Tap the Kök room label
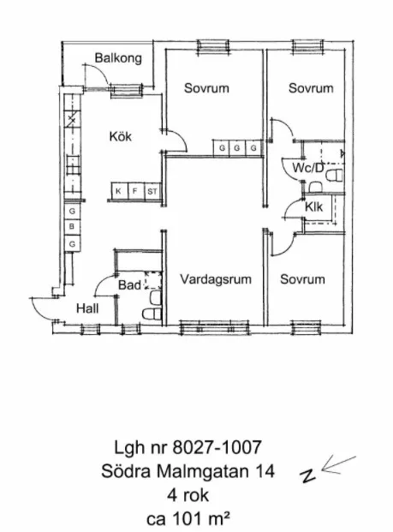pyautogui.click(x=120, y=135)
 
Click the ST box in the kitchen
pyautogui.click(x=152, y=190)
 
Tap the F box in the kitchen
pyautogui.click(x=135, y=190)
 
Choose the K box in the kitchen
pyautogui.click(x=118, y=190)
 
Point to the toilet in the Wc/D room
pyautogui.click(x=333, y=176)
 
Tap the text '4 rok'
pyautogui.click(x=187, y=495)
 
